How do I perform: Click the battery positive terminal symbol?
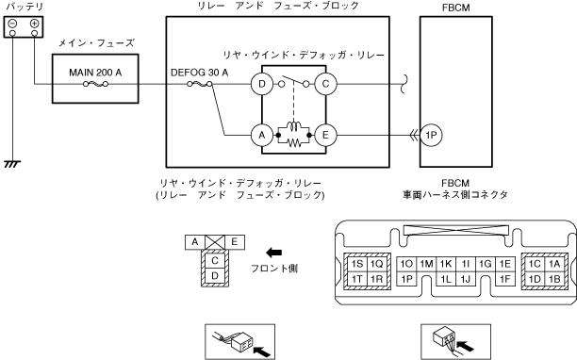[x=34, y=24]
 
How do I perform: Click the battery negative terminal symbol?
[x=12, y=24]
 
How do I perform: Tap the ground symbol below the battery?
[x=12, y=164]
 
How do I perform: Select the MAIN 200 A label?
[x=95, y=73]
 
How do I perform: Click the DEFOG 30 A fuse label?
[x=200, y=73]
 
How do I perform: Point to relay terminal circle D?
[x=262, y=84]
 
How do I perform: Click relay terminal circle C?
[x=325, y=84]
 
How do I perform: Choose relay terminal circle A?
[x=262, y=135]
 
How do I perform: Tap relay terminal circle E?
[x=325, y=135]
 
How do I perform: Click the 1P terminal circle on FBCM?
[x=431, y=136]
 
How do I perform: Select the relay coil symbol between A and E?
[x=293, y=125]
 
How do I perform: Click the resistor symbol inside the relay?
[x=293, y=142]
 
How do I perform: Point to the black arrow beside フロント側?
[x=273, y=253]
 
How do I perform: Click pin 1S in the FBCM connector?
[x=357, y=264]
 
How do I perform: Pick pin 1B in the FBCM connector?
[x=554, y=279]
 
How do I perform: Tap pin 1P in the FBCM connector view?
[x=406, y=279]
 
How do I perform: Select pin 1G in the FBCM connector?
[x=486, y=264]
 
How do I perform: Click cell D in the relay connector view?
[x=215, y=275]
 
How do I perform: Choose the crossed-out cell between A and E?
[x=215, y=242]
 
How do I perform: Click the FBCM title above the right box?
[x=456, y=8]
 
